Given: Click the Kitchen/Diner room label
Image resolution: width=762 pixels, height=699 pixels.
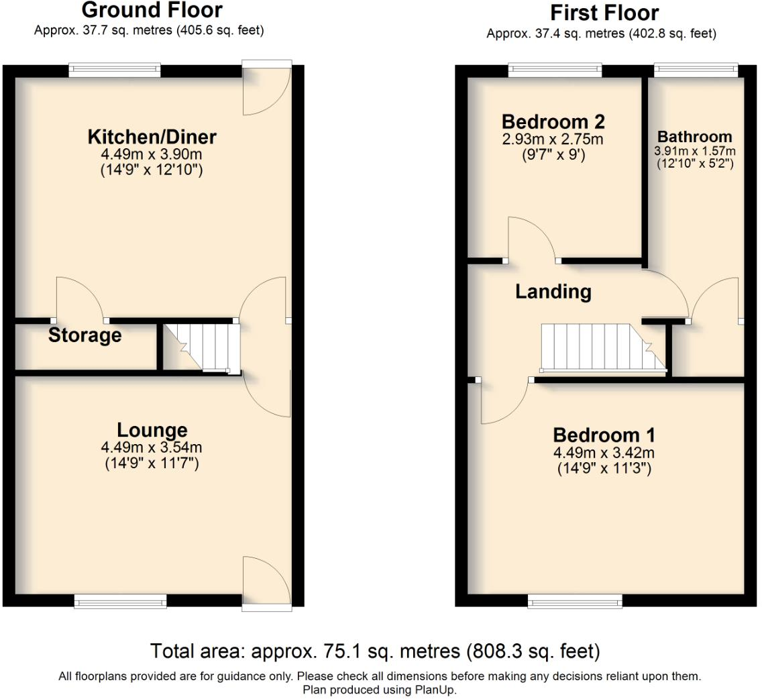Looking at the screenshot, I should pos(152,138).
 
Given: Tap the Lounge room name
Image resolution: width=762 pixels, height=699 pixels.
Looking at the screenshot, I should pos(152,430).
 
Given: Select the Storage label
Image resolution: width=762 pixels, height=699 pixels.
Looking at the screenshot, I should pos(85,335).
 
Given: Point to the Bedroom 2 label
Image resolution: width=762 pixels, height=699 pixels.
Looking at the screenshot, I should pos(553,122).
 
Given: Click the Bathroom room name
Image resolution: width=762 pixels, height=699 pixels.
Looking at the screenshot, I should pos(694,137).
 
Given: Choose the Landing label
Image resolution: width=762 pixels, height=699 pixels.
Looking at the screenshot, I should pos(553,292).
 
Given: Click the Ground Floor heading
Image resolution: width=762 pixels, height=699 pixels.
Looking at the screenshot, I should pos(152,11).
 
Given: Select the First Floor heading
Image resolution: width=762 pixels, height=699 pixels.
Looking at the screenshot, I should pos(604,13).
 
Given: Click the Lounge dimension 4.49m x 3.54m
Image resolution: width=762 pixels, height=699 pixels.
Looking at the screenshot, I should pos(152,447).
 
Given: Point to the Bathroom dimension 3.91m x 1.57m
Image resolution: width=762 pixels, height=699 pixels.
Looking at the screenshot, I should pos(694,151).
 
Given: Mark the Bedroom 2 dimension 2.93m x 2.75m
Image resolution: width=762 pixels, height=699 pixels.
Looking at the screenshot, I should pos(553,140).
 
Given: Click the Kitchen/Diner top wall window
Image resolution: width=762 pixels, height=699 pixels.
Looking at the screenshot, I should pos(115,70).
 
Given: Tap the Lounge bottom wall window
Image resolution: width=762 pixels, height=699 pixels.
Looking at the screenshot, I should pos(120,602).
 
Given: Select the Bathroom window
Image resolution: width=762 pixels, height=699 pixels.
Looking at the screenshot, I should pos(696,70).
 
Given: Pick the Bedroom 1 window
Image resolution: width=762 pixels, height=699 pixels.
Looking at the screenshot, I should pos(575,602).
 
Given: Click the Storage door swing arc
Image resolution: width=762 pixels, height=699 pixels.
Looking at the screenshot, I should pos(79,295).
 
